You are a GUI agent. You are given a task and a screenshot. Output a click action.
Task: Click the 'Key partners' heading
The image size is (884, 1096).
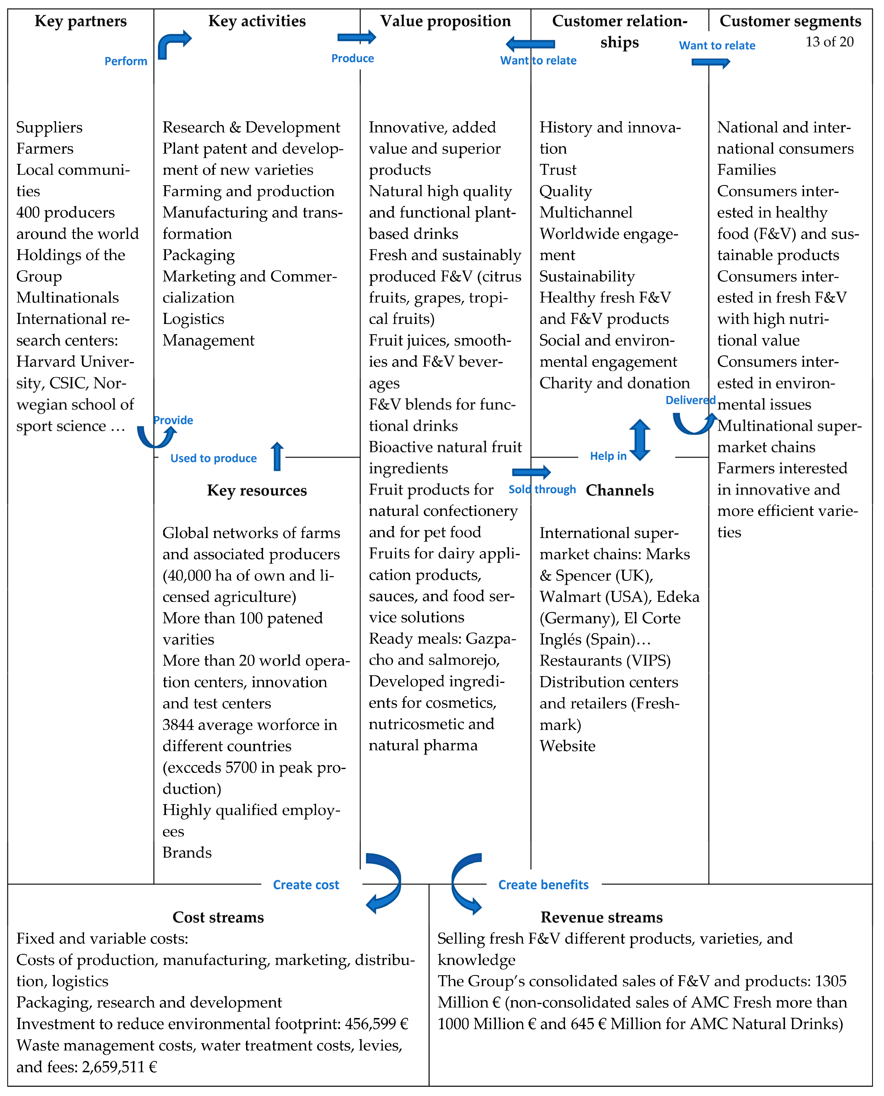[x=80, y=21]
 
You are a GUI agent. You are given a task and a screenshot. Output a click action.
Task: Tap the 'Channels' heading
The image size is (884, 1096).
[x=620, y=490]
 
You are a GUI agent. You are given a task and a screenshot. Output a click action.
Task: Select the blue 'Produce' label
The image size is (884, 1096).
[x=352, y=58]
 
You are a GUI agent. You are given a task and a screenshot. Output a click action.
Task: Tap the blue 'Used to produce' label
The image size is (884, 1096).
[x=213, y=458]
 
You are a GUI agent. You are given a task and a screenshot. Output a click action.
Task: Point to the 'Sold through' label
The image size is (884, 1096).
[x=542, y=489]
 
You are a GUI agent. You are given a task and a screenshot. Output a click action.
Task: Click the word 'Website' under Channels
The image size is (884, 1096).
[x=567, y=746]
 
